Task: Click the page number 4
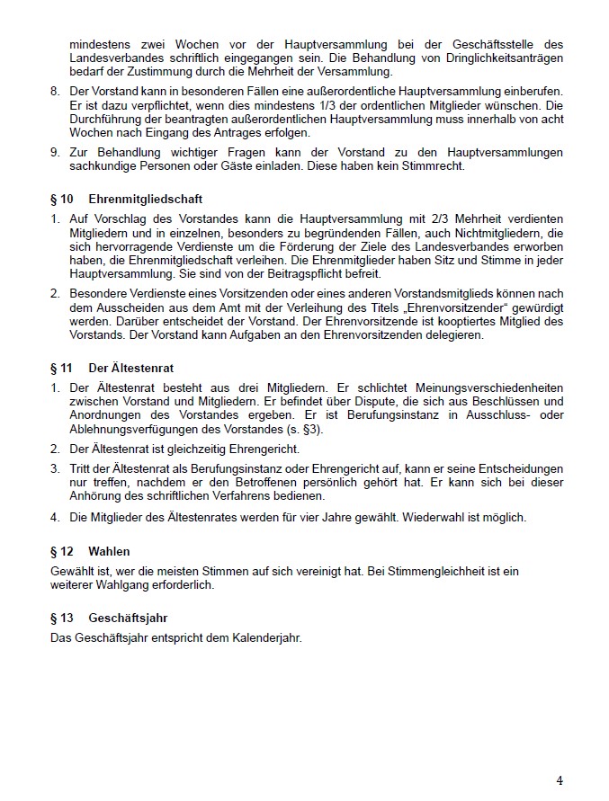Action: (559, 779)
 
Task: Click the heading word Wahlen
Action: (109, 550)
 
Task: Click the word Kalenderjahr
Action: (264, 638)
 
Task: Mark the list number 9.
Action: (54, 152)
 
